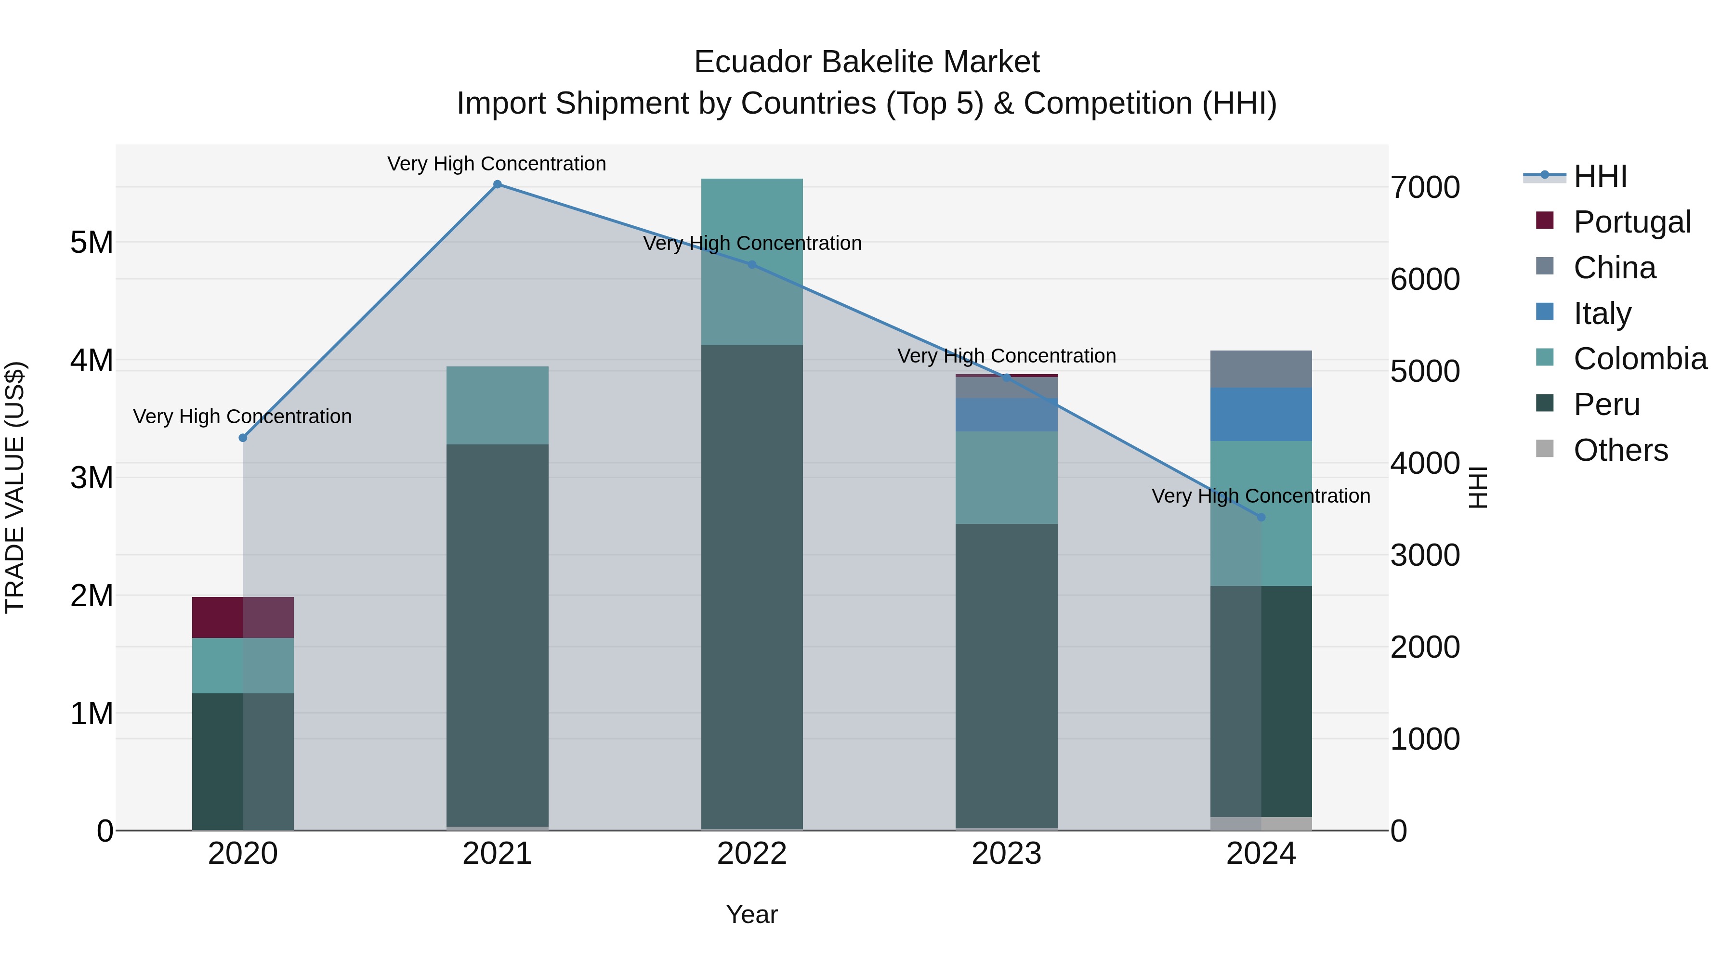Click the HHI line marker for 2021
click(x=498, y=184)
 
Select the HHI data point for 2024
click(x=1261, y=518)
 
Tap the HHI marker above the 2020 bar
click(x=243, y=438)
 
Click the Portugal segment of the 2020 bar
click(x=243, y=617)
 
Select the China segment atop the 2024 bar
click(x=1261, y=369)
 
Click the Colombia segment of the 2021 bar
click(x=498, y=405)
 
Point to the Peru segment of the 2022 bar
click(x=752, y=585)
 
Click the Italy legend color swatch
click(x=1545, y=312)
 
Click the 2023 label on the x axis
click(x=1006, y=854)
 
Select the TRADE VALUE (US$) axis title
click(x=15, y=487)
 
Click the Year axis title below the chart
click(x=752, y=914)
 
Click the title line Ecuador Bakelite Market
click(x=867, y=62)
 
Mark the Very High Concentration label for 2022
click(x=752, y=243)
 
